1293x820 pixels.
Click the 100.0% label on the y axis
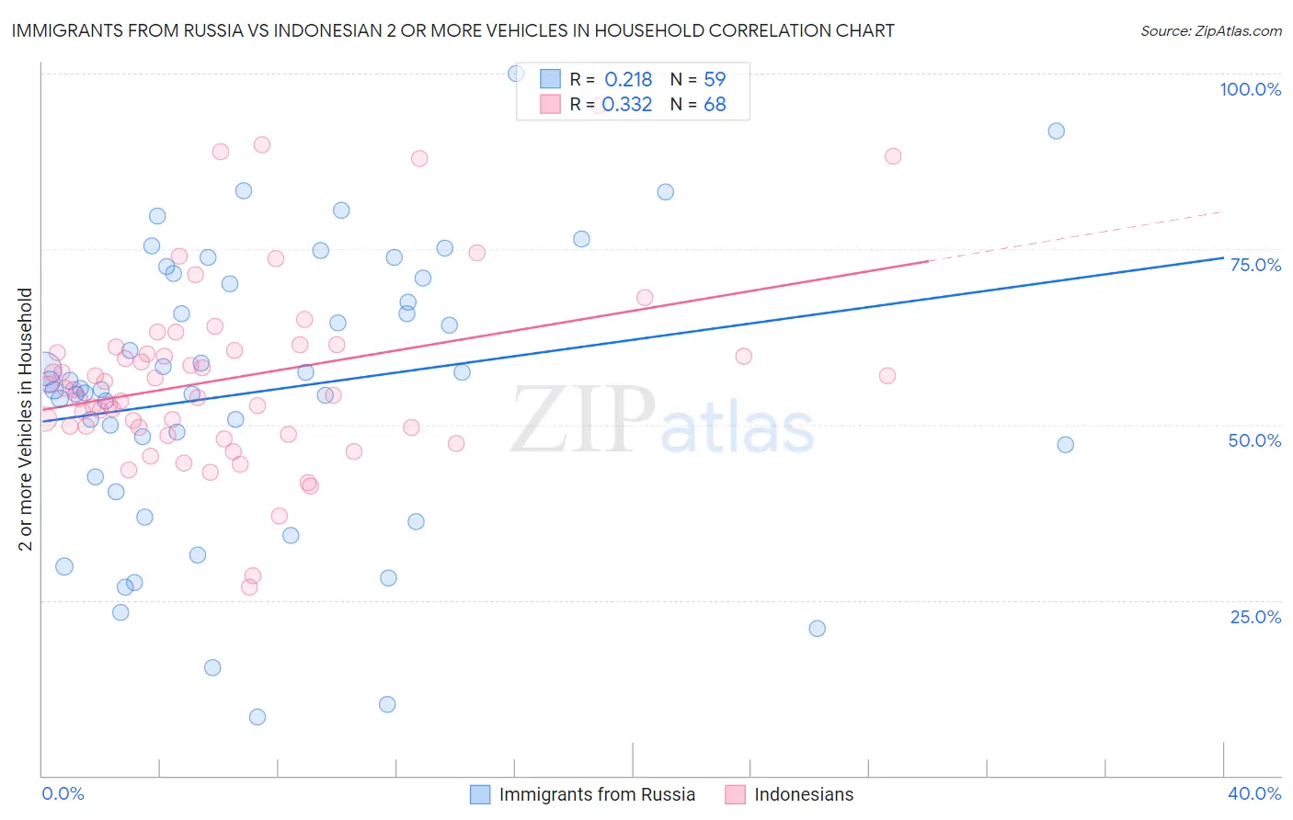(1250, 89)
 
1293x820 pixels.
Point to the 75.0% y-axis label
(1255, 265)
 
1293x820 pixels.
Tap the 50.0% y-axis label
(1254, 440)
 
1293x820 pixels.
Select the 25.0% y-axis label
(1255, 617)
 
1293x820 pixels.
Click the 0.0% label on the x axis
(63, 793)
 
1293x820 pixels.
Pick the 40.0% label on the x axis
(1254, 793)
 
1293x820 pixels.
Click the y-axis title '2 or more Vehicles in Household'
(25, 419)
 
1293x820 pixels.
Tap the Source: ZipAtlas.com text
(1210, 30)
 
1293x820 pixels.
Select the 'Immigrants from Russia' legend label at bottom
(597, 794)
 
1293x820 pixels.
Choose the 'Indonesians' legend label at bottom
(803, 794)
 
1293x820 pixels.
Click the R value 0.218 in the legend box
(628, 80)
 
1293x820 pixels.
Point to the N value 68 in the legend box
(715, 105)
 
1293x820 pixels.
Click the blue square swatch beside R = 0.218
(550, 79)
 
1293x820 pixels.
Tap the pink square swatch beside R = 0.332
(550, 104)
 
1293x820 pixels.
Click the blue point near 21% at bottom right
(817, 629)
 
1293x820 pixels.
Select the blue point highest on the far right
(1056, 131)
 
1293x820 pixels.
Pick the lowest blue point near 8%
(257, 717)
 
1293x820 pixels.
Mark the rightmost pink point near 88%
(892, 156)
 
